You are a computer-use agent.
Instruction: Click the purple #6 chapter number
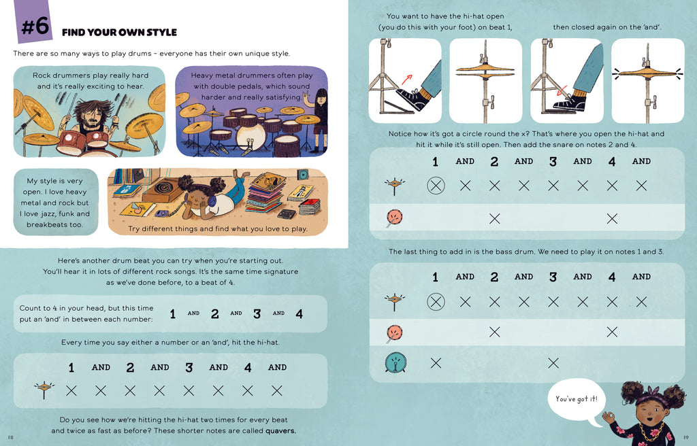pos(35,25)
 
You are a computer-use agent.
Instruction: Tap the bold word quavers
pos(280,430)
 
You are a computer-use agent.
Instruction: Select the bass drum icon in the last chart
pos(395,362)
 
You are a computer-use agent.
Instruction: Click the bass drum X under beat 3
pos(553,363)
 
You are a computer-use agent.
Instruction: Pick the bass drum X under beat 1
pos(436,363)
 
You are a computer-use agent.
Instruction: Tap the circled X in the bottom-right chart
pos(436,302)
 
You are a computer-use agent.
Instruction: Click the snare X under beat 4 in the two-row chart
pos(612,218)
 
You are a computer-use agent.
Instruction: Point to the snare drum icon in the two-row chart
pos(394,218)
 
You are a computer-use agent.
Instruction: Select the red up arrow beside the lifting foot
pos(406,80)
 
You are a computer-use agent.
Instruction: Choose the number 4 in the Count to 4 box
pos(299,314)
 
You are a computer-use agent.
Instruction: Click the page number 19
pos(686,437)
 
